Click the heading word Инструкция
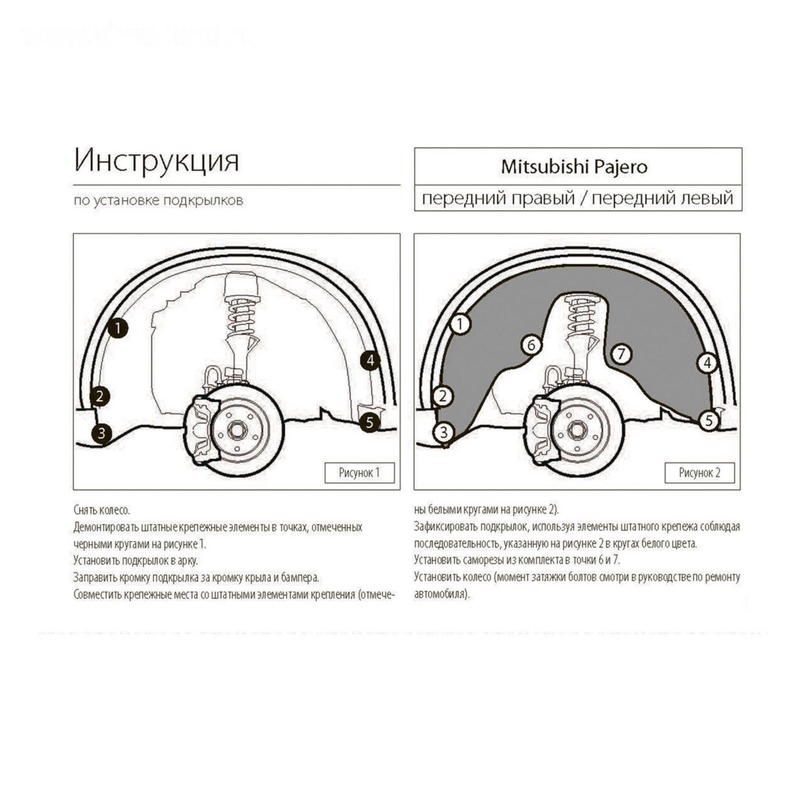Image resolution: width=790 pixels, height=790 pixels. pos(157,160)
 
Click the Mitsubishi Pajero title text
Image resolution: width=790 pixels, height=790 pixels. pos(574,167)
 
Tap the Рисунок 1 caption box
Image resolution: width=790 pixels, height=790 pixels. pos(359,473)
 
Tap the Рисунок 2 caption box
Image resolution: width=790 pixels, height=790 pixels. pos(700,473)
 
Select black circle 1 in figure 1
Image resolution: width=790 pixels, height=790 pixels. pos(118,328)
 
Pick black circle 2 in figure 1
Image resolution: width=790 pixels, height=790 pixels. pos(100,396)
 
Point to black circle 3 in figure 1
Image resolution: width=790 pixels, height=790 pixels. pos(102,433)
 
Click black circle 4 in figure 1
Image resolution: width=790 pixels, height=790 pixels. pos(370,361)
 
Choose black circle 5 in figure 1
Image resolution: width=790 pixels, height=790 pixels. pos(369,423)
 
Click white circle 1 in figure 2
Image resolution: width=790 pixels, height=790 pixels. pos(460,324)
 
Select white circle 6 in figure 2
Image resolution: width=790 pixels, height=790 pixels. pos(531,345)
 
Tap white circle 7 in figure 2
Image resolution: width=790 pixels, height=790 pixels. pos(622,354)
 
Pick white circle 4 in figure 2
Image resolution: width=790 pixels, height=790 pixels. pos(707,363)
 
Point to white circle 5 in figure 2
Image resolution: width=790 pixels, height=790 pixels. pos(709,420)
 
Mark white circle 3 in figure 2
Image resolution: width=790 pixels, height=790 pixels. pos(443,433)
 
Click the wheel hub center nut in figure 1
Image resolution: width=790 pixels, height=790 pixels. pos(236,430)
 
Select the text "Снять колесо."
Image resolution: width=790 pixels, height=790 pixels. pos(102,510)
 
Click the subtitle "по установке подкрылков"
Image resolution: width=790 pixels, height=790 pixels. pos(158,201)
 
